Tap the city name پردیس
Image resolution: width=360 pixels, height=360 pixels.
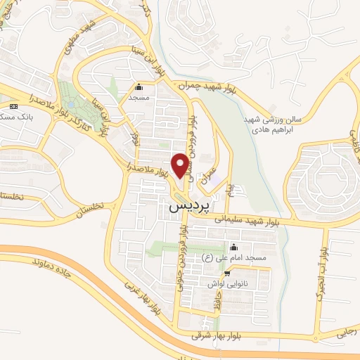pyautogui.click(x=188, y=207)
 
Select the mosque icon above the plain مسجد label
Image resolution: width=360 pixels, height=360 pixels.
pyautogui.click(x=139, y=88)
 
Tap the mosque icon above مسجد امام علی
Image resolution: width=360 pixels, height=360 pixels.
pyautogui.click(x=233, y=248)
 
